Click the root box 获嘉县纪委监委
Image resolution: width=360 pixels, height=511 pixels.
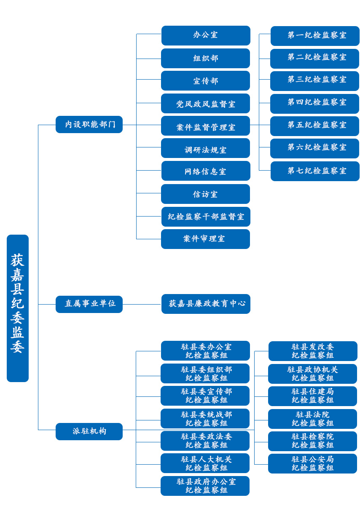[18, 308]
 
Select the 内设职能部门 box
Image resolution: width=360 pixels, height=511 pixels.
[89, 125]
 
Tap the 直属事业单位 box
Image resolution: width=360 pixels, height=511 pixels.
[89, 304]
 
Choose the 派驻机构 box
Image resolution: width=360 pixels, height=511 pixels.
[89, 431]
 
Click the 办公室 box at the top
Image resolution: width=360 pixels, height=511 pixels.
[206, 35]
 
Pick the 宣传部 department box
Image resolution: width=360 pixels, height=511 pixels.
[205, 81]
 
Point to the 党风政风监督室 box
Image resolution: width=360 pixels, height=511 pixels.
[205, 104]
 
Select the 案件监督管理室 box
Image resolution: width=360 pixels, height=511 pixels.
[205, 126]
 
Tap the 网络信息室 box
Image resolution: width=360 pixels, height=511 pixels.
[206, 171]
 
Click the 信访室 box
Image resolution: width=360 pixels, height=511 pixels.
[205, 194]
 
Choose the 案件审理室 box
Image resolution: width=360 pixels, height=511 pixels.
[205, 239]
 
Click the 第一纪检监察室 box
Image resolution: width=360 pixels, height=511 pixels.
[315, 36]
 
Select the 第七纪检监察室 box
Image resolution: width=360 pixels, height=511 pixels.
[315, 171]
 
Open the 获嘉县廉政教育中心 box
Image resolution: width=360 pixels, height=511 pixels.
[206, 304]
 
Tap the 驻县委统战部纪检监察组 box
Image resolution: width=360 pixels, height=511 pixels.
[205, 418]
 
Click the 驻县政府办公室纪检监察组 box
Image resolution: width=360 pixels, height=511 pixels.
[205, 486]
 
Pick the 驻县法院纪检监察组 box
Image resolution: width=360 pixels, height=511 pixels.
[312, 419]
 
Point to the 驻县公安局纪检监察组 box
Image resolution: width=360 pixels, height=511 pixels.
[312, 463]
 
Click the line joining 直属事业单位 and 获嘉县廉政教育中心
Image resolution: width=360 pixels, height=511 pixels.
[142, 304]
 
